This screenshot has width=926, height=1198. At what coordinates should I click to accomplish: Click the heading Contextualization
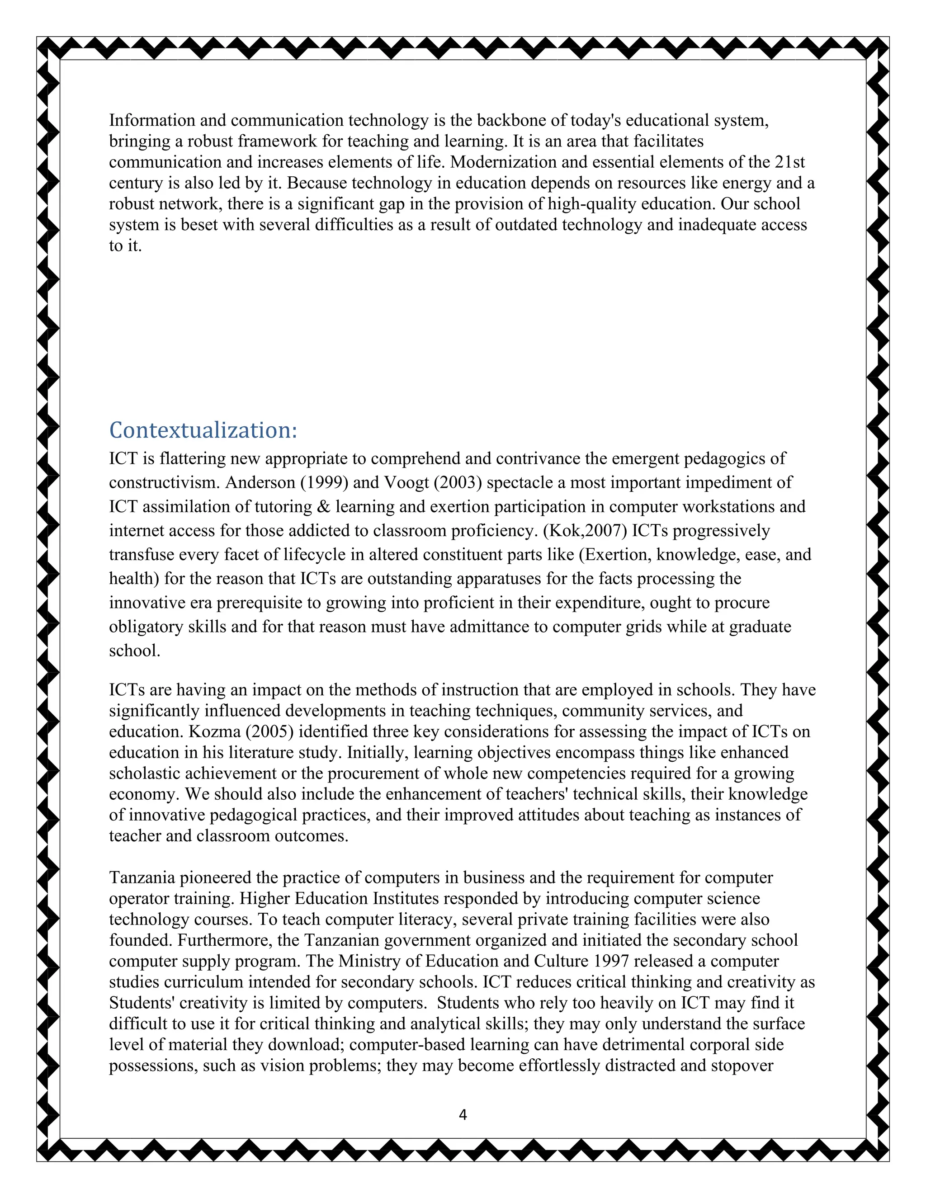pos(203,430)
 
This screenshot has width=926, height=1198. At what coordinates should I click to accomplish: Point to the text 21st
pos(790,162)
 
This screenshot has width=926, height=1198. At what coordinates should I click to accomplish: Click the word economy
pos(144,794)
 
